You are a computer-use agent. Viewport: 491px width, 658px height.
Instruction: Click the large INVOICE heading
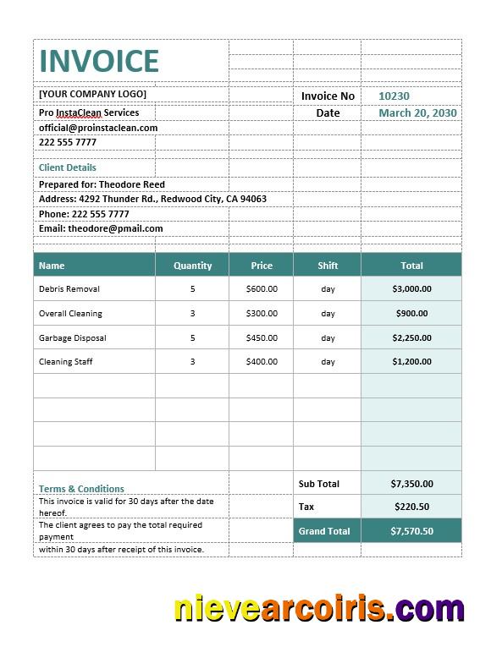click(99, 61)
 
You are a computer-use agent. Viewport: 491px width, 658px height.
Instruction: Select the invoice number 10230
click(394, 96)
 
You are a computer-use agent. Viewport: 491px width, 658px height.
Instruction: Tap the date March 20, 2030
click(417, 113)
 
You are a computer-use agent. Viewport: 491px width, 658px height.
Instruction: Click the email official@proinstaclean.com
click(98, 128)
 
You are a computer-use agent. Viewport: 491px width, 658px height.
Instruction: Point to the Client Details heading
click(68, 167)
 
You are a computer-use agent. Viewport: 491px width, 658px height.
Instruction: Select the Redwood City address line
click(152, 200)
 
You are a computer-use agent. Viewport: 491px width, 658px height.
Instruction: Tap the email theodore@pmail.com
click(101, 228)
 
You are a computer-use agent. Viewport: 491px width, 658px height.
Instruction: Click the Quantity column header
click(192, 266)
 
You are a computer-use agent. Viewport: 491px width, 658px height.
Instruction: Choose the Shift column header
click(328, 266)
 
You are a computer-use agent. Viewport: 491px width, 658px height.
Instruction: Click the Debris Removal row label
click(69, 289)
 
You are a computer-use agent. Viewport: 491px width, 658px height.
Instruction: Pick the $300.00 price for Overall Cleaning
click(262, 314)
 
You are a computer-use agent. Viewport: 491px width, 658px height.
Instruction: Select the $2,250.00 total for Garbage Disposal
click(411, 338)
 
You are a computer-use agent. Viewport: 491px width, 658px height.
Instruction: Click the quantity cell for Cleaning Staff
click(192, 362)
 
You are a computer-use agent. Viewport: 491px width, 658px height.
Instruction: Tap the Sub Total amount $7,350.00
click(411, 484)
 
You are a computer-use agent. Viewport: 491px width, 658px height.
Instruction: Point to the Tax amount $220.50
click(411, 507)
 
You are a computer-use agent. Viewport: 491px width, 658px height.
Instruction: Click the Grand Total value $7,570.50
click(411, 531)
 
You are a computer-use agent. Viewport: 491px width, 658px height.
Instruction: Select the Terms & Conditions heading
click(81, 489)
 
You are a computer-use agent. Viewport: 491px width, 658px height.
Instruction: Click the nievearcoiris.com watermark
click(319, 609)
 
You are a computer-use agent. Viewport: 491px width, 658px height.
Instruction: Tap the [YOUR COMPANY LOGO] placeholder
click(92, 94)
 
